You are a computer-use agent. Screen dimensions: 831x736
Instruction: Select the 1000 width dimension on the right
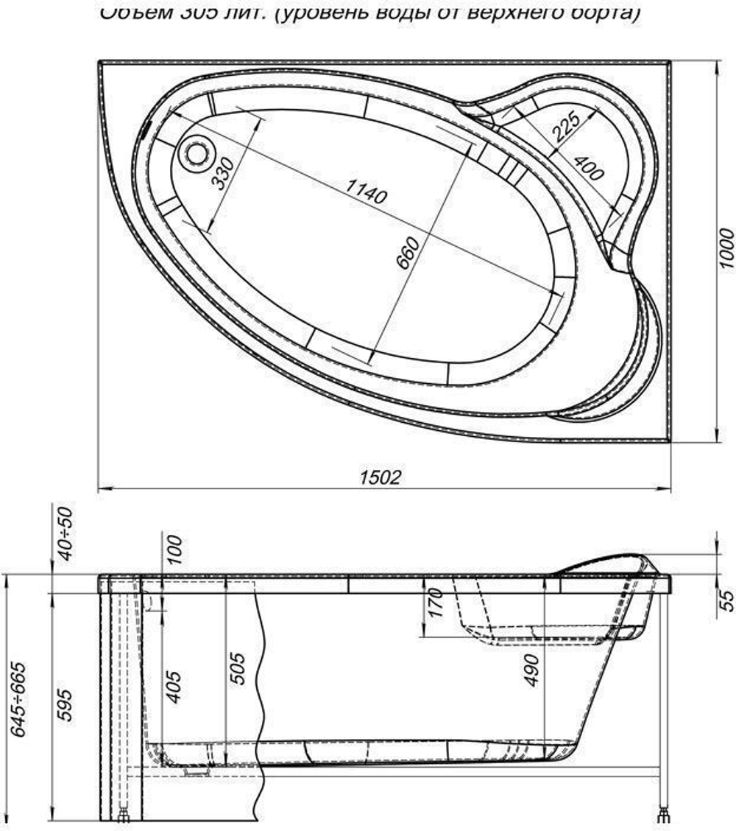(x=726, y=248)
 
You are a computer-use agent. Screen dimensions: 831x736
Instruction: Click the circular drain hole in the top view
(x=196, y=153)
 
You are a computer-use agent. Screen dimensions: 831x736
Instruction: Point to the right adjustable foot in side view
(x=665, y=814)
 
